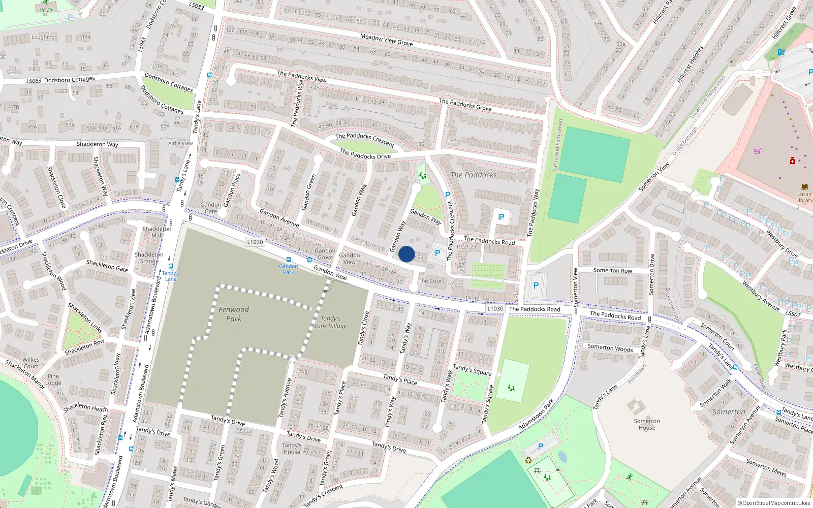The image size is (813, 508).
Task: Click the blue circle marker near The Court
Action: pyautogui.click(x=407, y=254)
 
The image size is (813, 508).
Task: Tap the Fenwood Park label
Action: pyautogui.click(x=234, y=314)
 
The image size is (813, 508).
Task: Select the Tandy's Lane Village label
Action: pyautogui.click(x=331, y=322)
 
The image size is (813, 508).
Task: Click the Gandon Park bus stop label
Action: pyautogui.click(x=289, y=269)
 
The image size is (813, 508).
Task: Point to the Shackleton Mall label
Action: pyautogui.click(x=157, y=232)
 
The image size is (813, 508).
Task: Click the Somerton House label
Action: pyautogui.click(x=647, y=424)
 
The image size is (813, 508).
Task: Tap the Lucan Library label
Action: pyautogui.click(x=804, y=197)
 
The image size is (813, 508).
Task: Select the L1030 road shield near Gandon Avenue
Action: pyautogui.click(x=255, y=242)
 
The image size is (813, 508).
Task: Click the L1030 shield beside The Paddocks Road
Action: pyautogui.click(x=495, y=308)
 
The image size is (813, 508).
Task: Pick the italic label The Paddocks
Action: pyautogui.click(x=474, y=175)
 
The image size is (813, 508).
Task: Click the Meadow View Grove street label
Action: pyautogui.click(x=386, y=40)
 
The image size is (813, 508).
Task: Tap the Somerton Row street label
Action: pyautogui.click(x=613, y=270)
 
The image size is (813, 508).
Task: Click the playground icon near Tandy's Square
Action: pyautogui.click(x=511, y=388)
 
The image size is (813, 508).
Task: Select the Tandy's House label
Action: pyautogui.click(x=292, y=449)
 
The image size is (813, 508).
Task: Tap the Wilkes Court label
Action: pyautogui.click(x=30, y=363)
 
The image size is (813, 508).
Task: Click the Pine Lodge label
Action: pyautogui.click(x=53, y=379)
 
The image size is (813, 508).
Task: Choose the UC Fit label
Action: pyautogui.click(x=46, y=10)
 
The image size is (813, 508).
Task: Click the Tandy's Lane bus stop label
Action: pyautogui.click(x=171, y=276)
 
